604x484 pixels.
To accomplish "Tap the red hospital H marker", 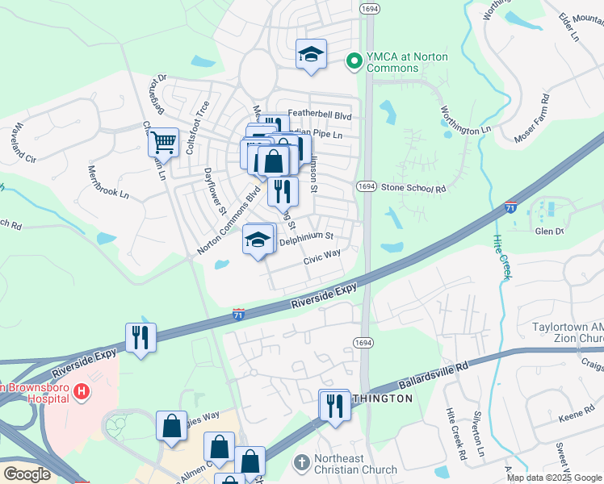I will (81, 392).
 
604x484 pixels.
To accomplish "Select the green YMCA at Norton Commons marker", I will (353, 60).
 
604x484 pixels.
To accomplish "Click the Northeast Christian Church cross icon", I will (302, 462).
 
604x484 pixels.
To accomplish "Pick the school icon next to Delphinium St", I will (258, 240).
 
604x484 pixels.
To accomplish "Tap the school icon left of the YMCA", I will (311, 54).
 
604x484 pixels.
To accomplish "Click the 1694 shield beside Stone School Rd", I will (367, 186).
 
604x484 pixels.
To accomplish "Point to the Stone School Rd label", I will (413, 188).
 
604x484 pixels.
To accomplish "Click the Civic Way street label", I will (321, 257).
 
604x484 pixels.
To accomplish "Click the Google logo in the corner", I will (27, 474).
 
